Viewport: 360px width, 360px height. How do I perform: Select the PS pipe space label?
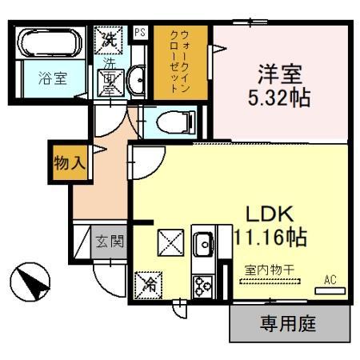140,33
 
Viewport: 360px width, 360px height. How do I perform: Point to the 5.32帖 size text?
278,100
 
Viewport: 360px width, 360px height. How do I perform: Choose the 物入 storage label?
70,162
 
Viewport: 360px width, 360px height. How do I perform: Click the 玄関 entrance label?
110,241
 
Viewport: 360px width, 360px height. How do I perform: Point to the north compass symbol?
30,282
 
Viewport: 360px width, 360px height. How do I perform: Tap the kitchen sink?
203,242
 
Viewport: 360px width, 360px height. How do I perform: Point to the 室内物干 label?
270,271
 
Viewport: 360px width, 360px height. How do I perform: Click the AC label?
328,279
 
